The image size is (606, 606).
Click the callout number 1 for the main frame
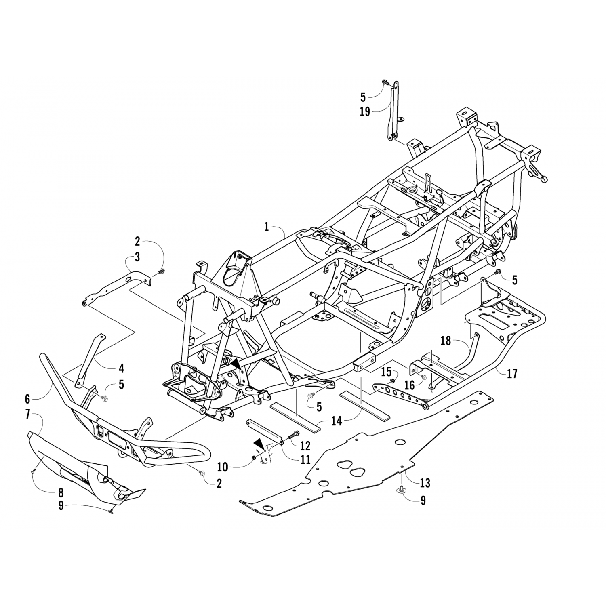point(266,227)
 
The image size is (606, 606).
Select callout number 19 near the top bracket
point(365,112)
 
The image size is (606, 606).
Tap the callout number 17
point(512,374)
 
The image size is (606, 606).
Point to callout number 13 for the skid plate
point(425,482)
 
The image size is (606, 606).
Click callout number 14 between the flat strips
point(337,421)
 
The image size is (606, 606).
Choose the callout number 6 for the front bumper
point(27,399)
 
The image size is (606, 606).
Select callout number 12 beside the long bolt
point(305,446)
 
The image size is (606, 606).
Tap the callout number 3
point(137,256)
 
